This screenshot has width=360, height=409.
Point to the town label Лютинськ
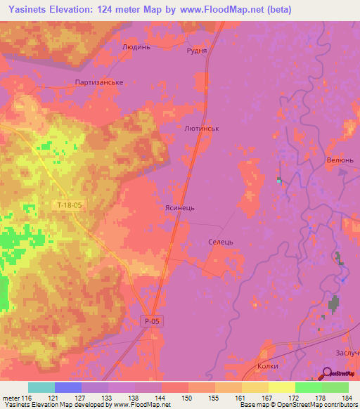[201, 130]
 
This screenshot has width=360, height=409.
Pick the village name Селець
[220, 241]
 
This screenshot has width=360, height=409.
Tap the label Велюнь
[340, 160]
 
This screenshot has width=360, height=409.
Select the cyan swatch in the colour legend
[41, 387]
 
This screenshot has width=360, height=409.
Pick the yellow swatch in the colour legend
[282, 387]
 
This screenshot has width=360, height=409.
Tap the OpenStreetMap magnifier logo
[328, 374]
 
